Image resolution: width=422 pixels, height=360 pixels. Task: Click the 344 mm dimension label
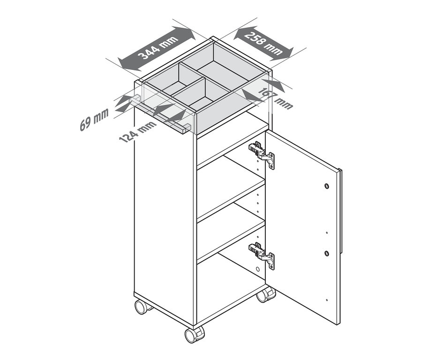158,48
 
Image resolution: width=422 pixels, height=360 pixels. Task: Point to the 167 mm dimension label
275,99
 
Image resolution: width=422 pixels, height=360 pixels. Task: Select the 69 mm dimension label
94,119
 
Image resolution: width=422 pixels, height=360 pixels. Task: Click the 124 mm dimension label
137,132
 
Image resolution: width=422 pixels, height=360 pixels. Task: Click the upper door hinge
261,154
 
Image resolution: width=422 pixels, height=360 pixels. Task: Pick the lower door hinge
261,255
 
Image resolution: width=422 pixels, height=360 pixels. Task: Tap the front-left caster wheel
142,306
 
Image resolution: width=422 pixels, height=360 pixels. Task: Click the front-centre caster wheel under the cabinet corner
194,335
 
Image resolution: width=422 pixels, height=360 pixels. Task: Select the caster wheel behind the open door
266,294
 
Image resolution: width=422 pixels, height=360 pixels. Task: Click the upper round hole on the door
326,186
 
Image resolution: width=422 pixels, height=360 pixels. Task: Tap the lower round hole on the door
327,253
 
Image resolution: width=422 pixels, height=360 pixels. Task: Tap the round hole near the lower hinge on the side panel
257,269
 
